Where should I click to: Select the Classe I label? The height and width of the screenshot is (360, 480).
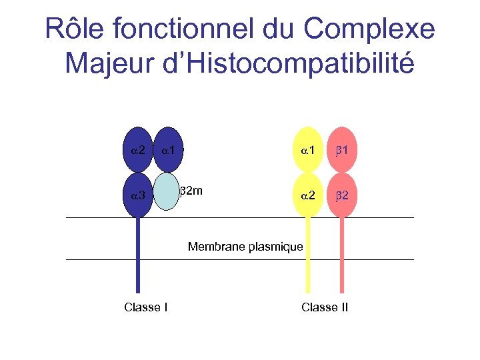145,307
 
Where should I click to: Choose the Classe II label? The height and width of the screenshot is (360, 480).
325,307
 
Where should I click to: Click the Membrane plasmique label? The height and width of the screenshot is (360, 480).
245,247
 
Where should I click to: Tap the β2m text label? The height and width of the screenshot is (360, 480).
192,191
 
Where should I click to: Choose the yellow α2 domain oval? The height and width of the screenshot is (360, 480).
307,195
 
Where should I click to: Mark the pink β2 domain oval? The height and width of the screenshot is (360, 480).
342,195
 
